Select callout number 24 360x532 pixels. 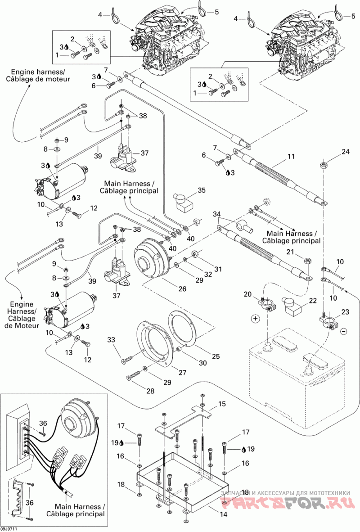(x=346, y=152)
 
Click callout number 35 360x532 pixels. (x=202, y=190)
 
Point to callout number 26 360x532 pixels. (x=183, y=289)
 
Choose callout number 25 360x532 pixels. (x=216, y=356)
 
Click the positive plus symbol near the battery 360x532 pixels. (x=256, y=319)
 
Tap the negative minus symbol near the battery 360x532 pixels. (x=343, y=330)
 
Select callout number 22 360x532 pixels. (x=313, y=301)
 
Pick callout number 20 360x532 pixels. (x=247, y=294)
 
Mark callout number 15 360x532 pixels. (x=221, y=404)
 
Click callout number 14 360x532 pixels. (x=223, y=514)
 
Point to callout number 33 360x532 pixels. (x=112, y=340)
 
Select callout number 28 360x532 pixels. (x=150, y=391)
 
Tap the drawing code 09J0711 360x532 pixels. (x=9, y=528)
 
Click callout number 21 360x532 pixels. (x=290, y=252)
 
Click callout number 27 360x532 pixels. (x=183, y=373)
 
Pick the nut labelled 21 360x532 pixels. (x=307, y=261)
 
